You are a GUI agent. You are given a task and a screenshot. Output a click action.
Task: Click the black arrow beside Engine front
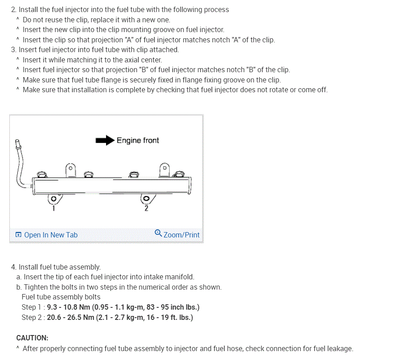[105, 140]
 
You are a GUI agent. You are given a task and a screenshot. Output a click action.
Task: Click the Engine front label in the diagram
[138, 140]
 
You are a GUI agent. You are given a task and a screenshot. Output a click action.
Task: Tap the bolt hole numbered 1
[53, 198]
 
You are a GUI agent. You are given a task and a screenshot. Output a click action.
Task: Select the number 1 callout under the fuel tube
[54, 208]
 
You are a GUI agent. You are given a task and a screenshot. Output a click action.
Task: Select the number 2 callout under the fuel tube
[146, 209]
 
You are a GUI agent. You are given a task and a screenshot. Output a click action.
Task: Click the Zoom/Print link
[181, 235]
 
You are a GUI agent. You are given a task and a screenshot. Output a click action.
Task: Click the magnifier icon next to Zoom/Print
[158, 233]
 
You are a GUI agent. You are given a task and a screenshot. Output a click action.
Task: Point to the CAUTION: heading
[32, 338]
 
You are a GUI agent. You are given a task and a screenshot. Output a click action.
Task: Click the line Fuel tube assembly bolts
[61, 297]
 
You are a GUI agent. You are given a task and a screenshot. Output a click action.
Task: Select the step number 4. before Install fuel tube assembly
[14, 267]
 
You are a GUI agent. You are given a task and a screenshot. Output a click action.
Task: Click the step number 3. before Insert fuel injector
[14, 49]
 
